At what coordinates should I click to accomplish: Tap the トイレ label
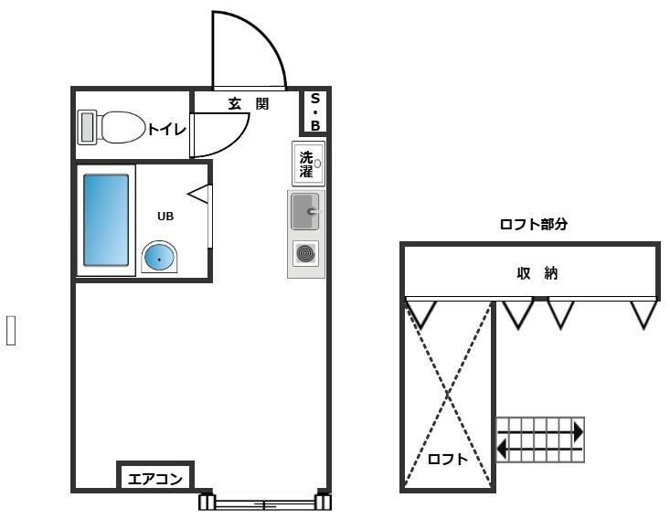pyautogui.click(x=167, y=130)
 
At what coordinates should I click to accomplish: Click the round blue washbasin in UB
pyautogui.click(x=159, y=259)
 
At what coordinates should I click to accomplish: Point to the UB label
pyautogui.click(x=165, y=217)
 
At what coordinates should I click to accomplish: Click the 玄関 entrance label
pyautogui.click(x=248, y=104)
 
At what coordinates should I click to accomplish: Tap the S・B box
pyautogui.click(x=314, y=111)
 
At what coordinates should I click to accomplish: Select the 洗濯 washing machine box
pyautogui.click(x=308, y=164)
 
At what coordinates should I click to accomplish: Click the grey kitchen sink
pyautogui.click(x=304, y=212)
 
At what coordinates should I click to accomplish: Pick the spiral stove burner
pyautogui.click(x=304, y=253)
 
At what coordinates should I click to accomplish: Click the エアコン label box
pyautogui.click(x=154, y=477)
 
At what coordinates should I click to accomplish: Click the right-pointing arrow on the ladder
pyautogui.click(x=577, y=431)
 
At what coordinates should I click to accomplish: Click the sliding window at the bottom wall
pyautogui.click(x=265, y=503)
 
